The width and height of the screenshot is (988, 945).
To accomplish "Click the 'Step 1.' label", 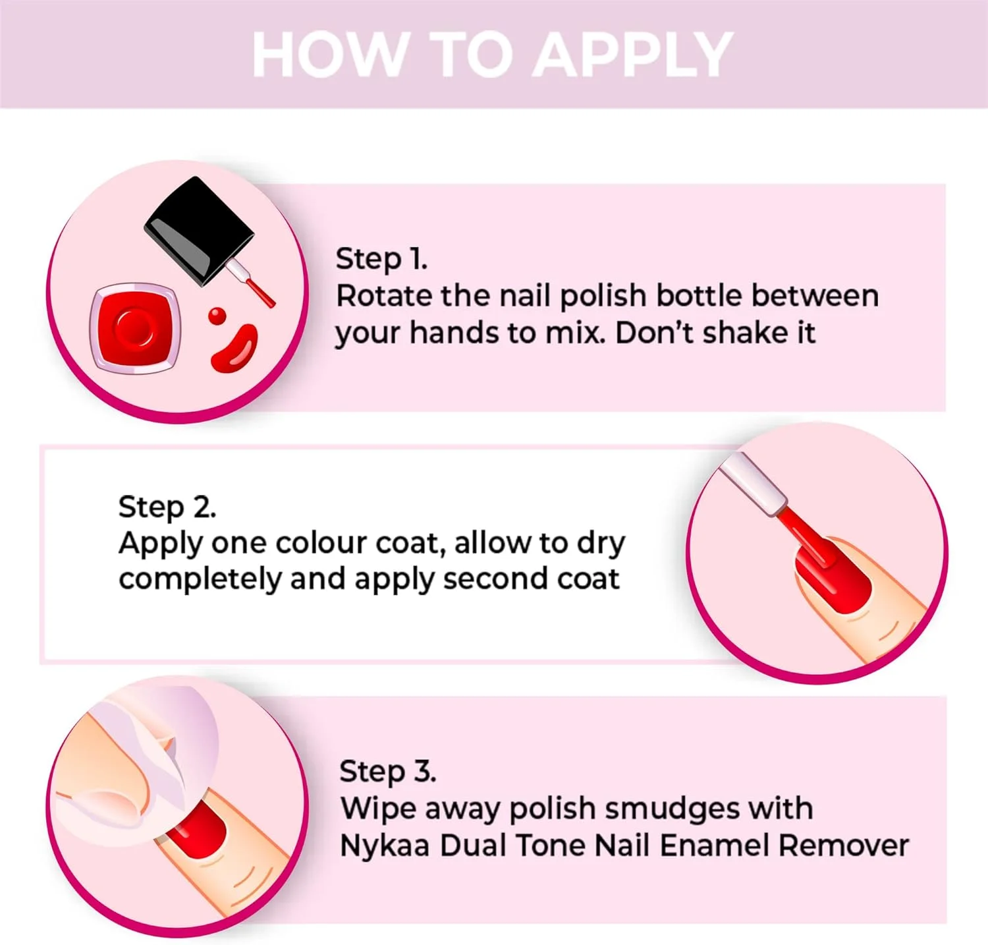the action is point(381,258).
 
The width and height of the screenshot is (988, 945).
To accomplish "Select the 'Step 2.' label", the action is point(167,507).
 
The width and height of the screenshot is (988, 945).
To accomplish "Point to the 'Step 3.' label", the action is point(387,771).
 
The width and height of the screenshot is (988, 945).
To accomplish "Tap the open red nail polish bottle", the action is point(135,328).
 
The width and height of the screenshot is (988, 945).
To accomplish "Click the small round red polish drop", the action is point(217,316).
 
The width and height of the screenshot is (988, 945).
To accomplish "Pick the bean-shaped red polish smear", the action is point(234,349).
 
